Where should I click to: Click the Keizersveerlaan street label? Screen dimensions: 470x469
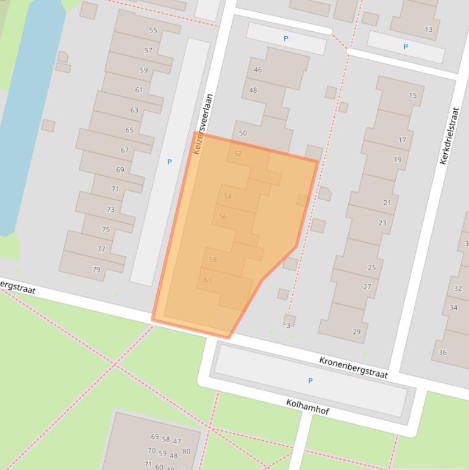pos(203,123)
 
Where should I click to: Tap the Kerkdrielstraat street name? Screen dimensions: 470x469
pos(449,136)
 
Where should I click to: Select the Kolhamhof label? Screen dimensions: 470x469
pos(307,407)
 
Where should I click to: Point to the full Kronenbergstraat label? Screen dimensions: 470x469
pos(353,368)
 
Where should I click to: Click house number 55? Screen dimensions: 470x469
pos(153,31)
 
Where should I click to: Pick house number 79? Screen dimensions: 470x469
pos(96,269)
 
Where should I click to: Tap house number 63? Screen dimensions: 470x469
pos(134,110)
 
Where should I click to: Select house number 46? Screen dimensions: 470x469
pos(257,70)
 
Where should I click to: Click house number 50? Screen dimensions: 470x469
pos(243,133)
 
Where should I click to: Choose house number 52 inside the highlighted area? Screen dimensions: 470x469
pos(238,154)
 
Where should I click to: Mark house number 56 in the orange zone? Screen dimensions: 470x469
pos(223,217)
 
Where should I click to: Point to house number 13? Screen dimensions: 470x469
pos(428,29)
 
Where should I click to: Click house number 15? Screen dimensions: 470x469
pos(413,95)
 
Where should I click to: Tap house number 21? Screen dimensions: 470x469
pos(387,203)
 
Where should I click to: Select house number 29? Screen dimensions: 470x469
pos(356,332)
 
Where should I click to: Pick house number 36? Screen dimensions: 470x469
pos(443,352)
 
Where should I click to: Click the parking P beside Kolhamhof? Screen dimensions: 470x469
pos(310,381)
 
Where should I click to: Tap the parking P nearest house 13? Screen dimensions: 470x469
pos(405,46)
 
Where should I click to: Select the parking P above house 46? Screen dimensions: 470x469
pos(285,38)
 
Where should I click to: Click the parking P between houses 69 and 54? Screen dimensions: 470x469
pos(170,162)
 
